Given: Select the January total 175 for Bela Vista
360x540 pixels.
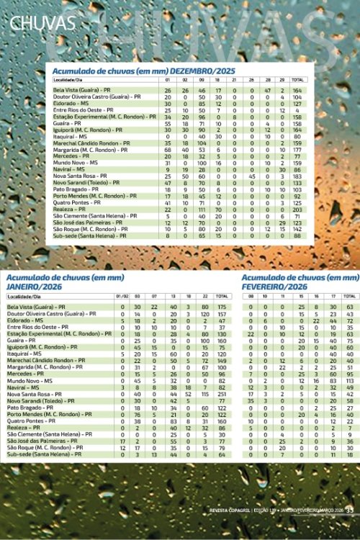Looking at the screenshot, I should pyautogui.click(x=222, y=307).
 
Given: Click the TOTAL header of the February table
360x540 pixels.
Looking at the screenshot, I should pyautogui.click(x=349, y=296).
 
